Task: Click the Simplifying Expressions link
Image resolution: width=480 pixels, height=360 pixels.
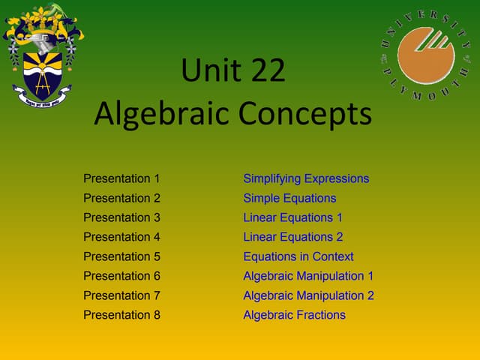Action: (306, 178)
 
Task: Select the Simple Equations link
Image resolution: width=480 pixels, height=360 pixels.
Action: (289, 198)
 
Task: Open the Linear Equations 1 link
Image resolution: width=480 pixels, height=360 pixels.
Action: (292, 217)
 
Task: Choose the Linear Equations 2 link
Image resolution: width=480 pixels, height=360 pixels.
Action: (292, 237)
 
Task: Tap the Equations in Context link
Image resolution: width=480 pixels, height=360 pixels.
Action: (298, 256)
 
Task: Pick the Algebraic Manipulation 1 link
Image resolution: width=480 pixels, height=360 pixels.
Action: (308, 276)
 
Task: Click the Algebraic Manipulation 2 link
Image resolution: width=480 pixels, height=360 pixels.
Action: (308, 295)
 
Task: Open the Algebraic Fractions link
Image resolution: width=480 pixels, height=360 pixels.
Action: (294, 315)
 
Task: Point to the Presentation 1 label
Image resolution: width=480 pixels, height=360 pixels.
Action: (121, 178)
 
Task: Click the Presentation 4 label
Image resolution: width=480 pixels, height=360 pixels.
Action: (121, 237)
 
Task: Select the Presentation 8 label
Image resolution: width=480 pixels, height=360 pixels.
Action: (121, 315)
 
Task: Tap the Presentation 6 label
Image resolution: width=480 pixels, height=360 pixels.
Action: (121, 276)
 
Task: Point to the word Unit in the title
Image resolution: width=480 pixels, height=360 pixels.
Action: (207, 73)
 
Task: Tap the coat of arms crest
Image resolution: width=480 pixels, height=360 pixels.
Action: (43, 56)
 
